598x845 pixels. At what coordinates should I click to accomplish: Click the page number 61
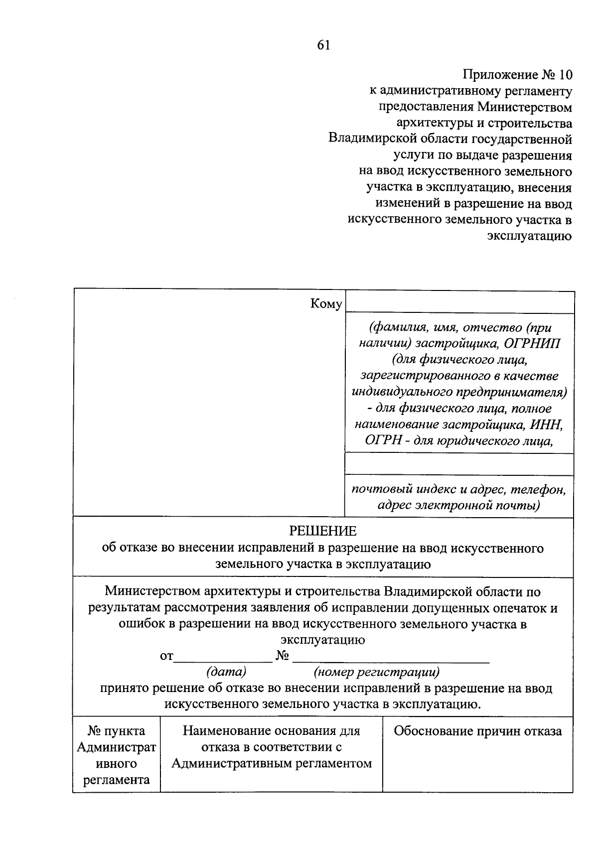(x=323, y=45)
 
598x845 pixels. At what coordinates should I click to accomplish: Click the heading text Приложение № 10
(x=517, y=75)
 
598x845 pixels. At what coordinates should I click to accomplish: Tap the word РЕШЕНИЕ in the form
(x=323, y=531)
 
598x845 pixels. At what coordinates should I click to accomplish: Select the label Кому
(x=326, y=303)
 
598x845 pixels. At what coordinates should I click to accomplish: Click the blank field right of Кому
(x=459, y=302)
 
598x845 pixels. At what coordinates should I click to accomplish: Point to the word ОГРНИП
(x=532, y=344)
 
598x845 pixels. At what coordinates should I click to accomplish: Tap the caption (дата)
(x=226, y=672)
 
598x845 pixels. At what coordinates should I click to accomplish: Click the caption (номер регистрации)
(x=377, y=672)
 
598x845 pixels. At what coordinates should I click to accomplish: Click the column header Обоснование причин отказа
(x=477, y=731)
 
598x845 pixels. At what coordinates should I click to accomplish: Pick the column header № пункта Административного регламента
(x=117, y=755)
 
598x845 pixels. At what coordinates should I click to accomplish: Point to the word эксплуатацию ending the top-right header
(x=529, y=236)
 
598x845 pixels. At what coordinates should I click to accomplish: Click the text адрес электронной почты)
(x=459, y=506)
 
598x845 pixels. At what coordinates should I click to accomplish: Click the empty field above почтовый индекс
(x=459, y=464)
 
